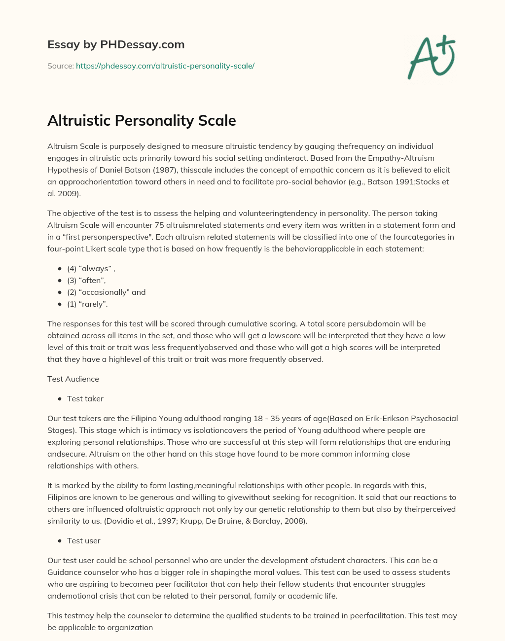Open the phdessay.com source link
(165, 66)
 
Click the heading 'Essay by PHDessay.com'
(116, 44)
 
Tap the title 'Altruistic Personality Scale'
(142, 120)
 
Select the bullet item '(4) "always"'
(91, 269)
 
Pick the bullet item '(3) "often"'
(86, 281)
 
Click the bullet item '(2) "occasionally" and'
(106, 292)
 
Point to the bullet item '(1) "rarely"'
(87, 304)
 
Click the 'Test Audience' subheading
(73, 379)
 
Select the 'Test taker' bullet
(85, 399)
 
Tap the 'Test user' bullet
(83, 541)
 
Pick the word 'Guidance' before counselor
(64, 572)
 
